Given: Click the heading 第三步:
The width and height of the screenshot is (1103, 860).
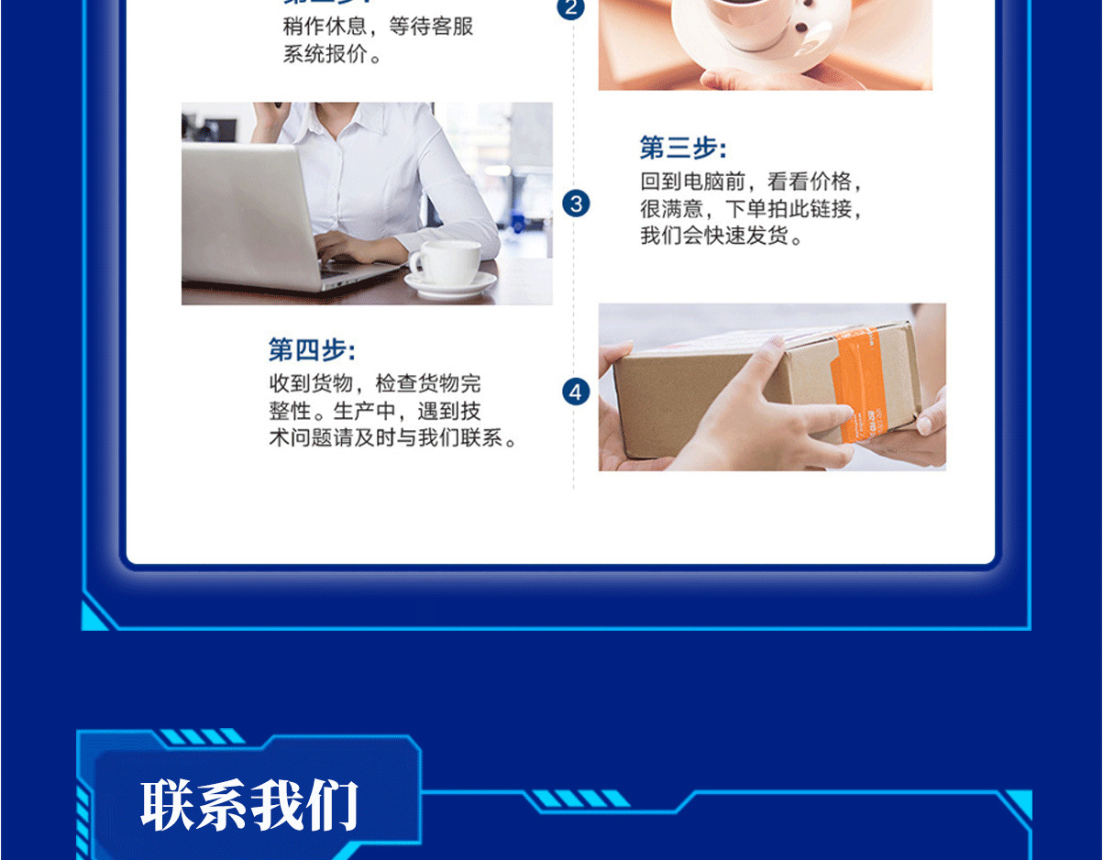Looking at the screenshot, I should (682, 148).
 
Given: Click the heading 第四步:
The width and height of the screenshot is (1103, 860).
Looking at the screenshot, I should (312, 349).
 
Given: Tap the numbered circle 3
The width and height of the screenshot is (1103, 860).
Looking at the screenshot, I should (576, 204).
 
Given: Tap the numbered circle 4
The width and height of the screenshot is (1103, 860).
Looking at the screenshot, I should (576, 392).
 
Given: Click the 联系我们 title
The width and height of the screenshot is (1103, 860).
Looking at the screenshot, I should (249, 806).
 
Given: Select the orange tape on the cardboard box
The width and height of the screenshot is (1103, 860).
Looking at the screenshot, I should (857, 385).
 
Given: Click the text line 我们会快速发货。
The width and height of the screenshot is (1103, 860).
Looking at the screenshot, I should (722, 237).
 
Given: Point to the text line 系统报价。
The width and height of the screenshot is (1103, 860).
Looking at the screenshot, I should (332, 54).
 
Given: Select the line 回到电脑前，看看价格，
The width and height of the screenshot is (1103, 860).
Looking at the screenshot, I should (752, 182).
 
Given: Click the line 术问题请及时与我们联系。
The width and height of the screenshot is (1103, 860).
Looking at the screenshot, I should (393, 438).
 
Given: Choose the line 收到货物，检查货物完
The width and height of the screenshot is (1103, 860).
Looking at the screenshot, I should (374, 383).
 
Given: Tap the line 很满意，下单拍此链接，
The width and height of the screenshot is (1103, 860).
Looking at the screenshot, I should (752, 209).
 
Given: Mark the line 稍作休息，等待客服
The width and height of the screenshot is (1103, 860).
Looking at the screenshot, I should (378, 27).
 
